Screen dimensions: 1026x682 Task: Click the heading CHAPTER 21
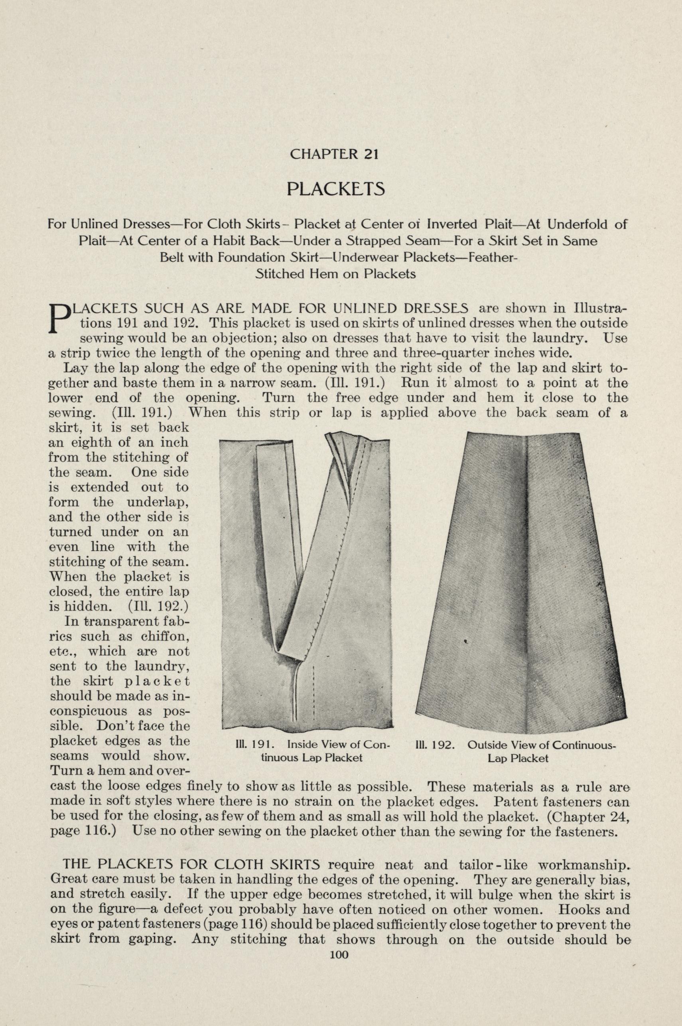333,154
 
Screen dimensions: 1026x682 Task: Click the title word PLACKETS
335,189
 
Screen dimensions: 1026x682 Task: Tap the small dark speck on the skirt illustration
466,641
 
